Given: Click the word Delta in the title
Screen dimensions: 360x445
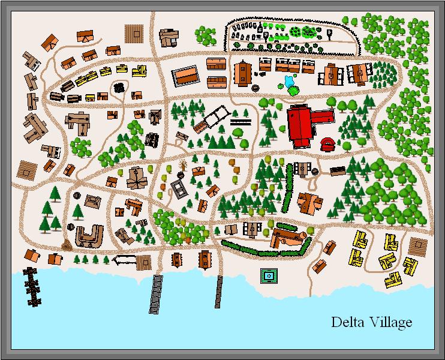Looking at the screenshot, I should coord(345,322).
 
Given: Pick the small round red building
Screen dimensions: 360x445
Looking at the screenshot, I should coord(329,144).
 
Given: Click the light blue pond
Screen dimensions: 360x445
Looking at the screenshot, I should coord(288,81).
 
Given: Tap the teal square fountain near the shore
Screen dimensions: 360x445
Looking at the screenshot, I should coord(269,276).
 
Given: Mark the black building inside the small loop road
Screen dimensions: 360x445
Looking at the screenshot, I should coord(119,88).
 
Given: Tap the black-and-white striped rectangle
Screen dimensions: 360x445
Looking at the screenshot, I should coord(240,121).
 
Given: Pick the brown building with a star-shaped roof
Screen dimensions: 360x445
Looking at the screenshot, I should coord(137,178).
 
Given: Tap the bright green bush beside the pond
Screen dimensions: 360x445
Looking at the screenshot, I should coord(293,91).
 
